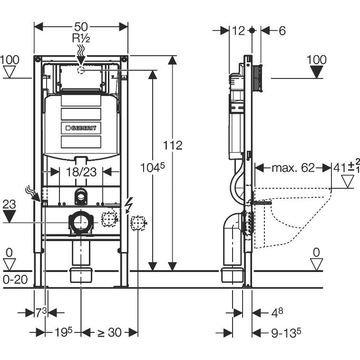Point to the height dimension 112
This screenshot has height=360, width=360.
click(173, 145)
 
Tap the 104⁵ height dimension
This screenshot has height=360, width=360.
click(153, 167)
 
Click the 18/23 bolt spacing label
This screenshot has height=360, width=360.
click(81, 172)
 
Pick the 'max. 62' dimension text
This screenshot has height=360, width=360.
click(293, 167)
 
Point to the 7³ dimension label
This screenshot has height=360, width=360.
click(41, 312)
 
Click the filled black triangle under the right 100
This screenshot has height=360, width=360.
click(316, 73)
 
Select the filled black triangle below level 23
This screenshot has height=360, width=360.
click(10, 217)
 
